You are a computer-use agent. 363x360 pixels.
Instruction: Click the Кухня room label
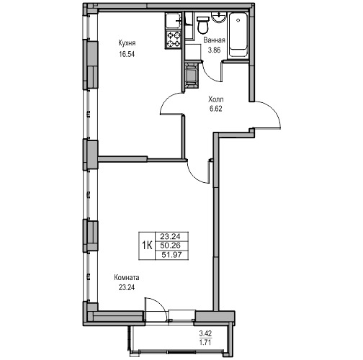click(127, 43)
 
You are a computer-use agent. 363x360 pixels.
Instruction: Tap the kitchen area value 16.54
click(127, 54)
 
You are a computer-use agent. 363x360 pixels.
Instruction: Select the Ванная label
click(214, 40)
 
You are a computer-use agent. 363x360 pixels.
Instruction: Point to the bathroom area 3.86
click(214, 50)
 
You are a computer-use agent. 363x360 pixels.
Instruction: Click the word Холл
click(216, 99)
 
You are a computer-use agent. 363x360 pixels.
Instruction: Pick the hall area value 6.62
click(216, 109)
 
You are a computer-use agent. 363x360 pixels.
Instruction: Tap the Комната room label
click(127, 278)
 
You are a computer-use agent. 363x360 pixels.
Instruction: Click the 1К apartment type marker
click(147, 246)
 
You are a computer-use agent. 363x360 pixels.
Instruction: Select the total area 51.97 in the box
click(171, 255)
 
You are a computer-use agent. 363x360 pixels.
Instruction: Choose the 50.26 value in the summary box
click(171, 246)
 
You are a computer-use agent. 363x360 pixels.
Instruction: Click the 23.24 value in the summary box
click(170, 237)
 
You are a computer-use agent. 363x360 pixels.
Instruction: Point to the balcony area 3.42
click(205, 333)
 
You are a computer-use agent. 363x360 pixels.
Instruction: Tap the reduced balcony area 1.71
click(205, 342)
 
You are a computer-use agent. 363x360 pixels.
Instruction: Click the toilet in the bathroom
click(203, 24)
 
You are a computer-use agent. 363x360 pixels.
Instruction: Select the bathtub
click(238, 35)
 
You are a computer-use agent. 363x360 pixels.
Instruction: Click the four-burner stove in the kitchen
click(173, 40)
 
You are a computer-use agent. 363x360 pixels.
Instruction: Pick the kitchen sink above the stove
click(173, 22)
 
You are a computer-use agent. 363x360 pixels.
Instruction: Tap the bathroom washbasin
click(218, 18)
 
